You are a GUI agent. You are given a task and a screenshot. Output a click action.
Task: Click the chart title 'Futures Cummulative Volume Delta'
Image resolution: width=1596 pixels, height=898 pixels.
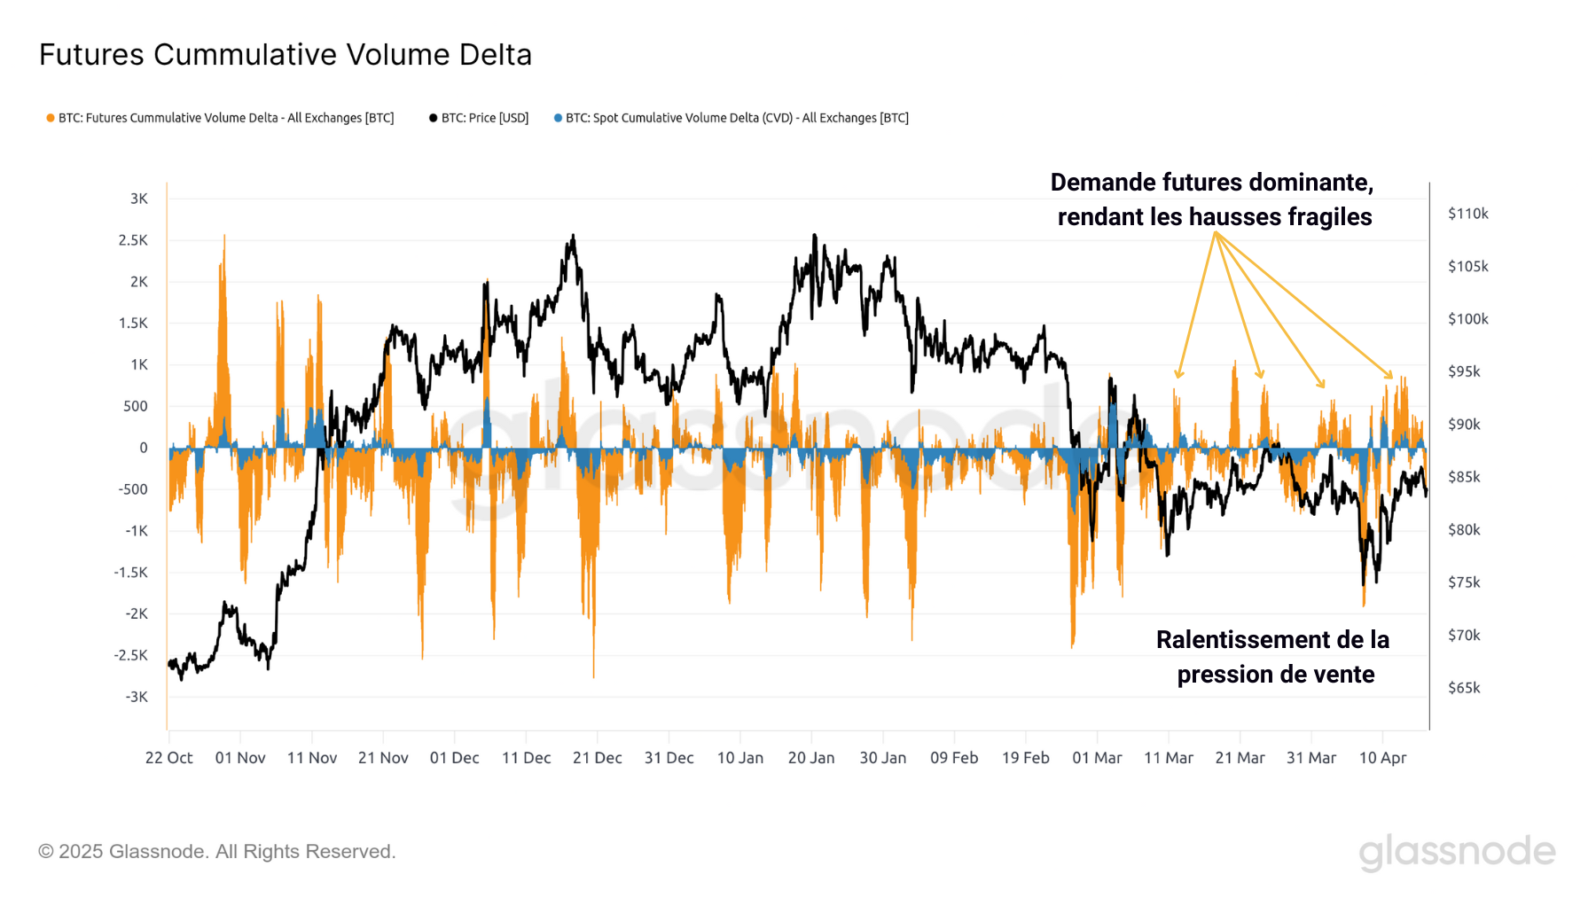tap(285, 55)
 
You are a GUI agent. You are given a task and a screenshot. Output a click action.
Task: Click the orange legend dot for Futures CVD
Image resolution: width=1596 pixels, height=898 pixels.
tap(51, 118)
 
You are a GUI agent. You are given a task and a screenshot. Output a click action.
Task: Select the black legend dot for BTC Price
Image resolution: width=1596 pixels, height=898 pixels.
tap(433, 118)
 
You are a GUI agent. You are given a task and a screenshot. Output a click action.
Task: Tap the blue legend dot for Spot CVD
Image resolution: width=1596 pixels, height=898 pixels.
tap(558, 118)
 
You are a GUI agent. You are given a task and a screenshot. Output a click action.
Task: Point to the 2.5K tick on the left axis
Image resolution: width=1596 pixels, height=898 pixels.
tap(133, 240)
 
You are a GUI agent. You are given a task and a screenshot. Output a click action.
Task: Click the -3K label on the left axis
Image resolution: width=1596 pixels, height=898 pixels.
tap(137, 697)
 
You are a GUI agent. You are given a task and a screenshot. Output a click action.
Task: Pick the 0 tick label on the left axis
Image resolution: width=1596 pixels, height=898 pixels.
tap(144, 448)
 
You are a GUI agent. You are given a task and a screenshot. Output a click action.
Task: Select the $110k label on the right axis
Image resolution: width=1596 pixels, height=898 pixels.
tap(1467, 214)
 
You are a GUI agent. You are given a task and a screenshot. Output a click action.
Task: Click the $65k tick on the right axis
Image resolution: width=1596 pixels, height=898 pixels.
tap(1464, 688)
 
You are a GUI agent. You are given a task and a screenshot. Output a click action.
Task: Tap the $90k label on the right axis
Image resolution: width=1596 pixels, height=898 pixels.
tap(1464, 425)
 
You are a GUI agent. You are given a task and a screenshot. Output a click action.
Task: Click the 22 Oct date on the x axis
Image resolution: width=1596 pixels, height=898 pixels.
tap(168, 758)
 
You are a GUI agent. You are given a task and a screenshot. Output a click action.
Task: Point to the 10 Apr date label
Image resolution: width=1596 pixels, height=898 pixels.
tap(1382, 758)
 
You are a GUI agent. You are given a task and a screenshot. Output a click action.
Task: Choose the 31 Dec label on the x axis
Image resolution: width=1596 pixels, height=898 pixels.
tap(669, 758)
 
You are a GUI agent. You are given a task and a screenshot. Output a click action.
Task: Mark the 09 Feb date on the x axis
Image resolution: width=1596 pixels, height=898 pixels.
tap(954, 758)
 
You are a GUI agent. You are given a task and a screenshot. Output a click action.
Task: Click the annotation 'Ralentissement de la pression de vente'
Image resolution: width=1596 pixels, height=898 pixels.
tap(1273, 657)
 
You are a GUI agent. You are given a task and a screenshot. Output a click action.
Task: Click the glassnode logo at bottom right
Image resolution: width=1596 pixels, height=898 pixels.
tap(1457, 852)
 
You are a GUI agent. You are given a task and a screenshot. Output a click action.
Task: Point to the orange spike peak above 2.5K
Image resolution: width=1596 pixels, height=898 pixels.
tap(223, 238)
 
